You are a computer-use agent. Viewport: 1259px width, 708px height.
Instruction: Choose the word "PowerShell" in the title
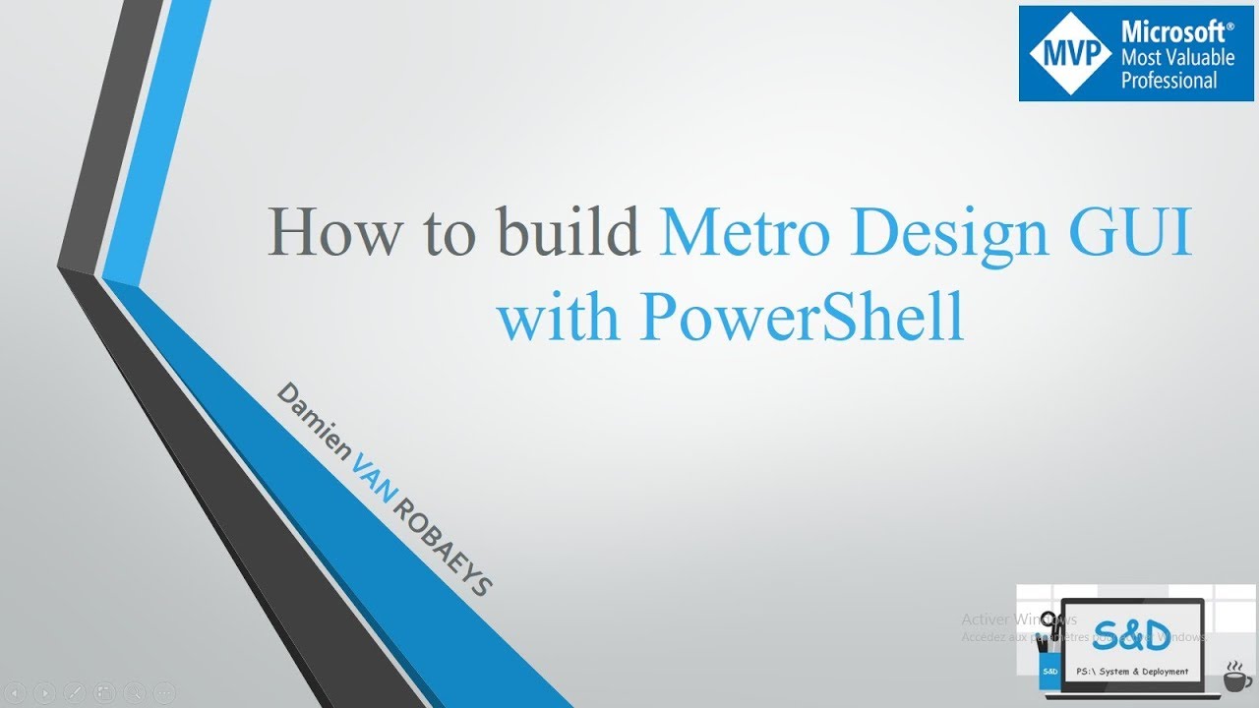(802, 317)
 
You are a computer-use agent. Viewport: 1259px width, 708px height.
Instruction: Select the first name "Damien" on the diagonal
(313, 423)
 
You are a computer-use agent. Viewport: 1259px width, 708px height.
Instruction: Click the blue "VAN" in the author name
(372, 481)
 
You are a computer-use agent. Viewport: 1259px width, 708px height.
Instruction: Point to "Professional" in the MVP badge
(1169, 81)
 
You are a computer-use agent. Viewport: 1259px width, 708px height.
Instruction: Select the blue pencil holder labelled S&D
(1049, 668)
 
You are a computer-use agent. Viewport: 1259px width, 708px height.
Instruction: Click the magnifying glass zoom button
(134, 693)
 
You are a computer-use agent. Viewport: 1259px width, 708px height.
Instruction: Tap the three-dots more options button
(164, 693)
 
